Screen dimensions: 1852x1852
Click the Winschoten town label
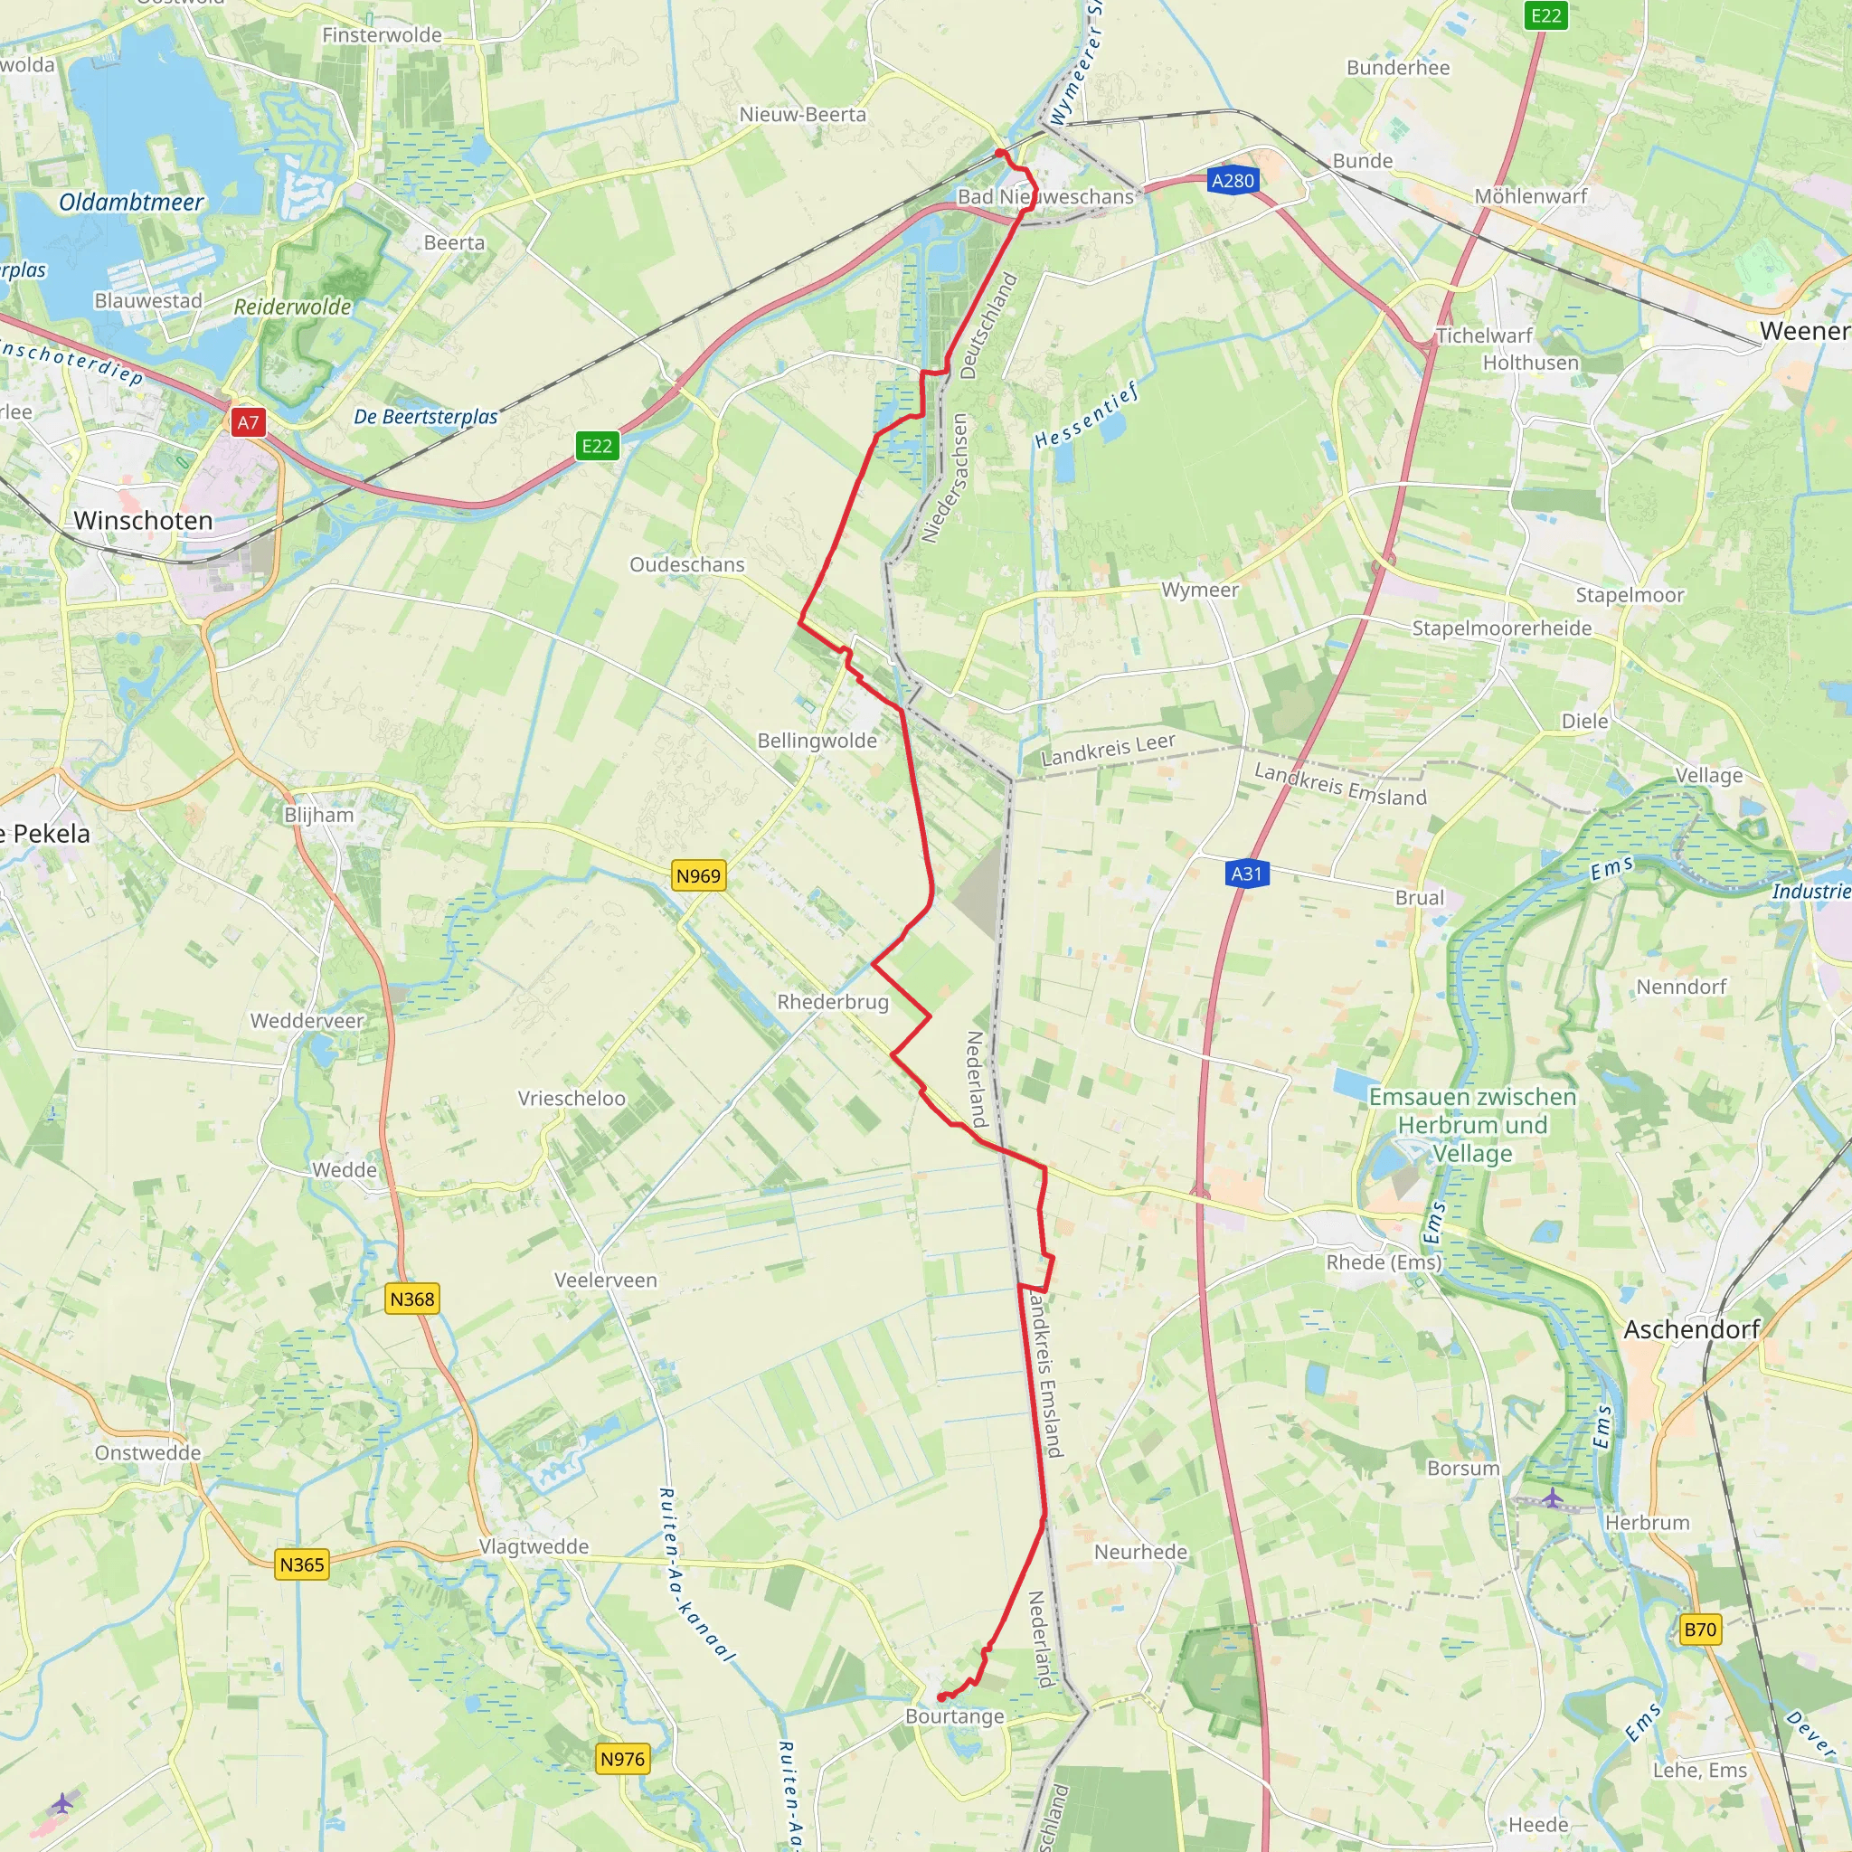(143, 521)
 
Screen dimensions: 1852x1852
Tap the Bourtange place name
(955, 1715)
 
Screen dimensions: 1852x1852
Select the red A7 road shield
(249, 421)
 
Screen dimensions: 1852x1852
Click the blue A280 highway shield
(1233, 180)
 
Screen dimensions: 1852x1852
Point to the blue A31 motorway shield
(1246, 874)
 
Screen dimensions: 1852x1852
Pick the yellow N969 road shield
(698, 875)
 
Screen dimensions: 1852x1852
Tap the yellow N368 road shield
(412, 1299)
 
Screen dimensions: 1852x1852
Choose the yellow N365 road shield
(302, 1564)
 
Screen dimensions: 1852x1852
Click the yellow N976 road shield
(622, 1759)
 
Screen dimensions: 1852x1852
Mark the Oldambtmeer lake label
(131, 203)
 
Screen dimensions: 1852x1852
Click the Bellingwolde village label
(817, 740)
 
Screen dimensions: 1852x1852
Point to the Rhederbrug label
(832, 1002)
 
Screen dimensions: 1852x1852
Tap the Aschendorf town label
(1692, 1329)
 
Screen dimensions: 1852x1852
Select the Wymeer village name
(1199, 590)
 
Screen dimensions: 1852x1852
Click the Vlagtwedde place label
(534, 1546)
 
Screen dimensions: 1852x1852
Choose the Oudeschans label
(686, 564)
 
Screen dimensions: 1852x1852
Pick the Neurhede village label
(1140, 1552)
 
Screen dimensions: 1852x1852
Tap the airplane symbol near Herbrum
(1553, 1498)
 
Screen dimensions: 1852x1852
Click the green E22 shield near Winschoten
(596, 446)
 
